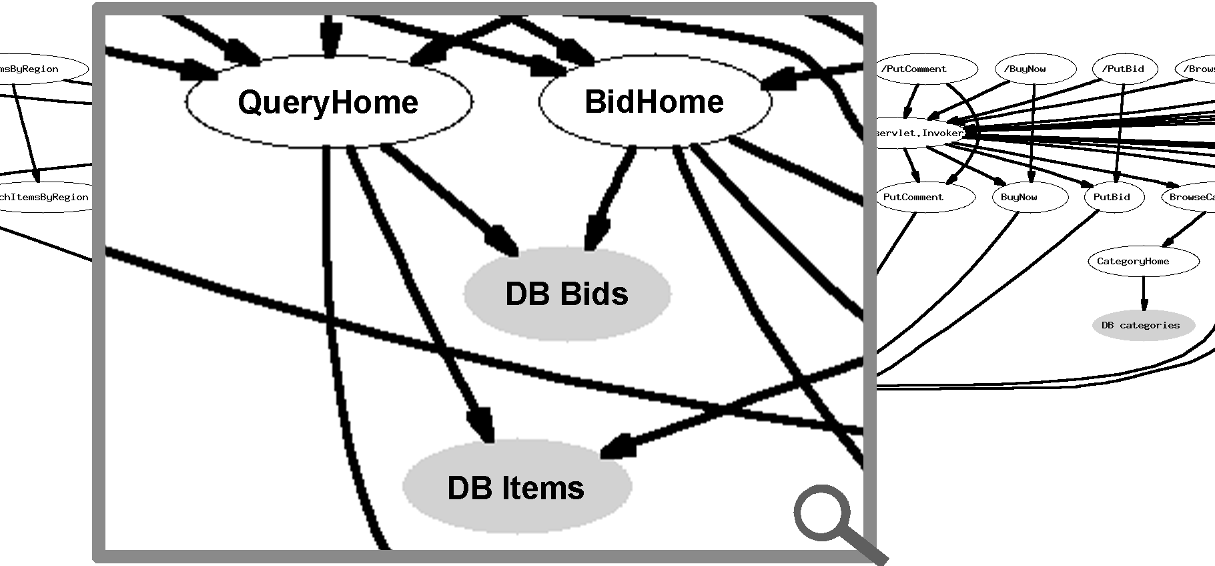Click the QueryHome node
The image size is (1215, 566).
[x=328, y=102]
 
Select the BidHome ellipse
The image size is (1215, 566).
[x=655, y=101]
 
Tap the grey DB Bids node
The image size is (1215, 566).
[x=567, y=294]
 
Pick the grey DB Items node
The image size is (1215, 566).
[x=516, y=487]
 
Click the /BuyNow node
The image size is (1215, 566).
[x=1035, y=69]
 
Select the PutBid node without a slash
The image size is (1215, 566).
[x=1112, y=197]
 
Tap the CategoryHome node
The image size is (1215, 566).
[x=1142, y=261]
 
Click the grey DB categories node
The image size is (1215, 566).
[x=1142, y=325]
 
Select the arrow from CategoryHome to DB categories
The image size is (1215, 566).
[x=1144, y=294]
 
